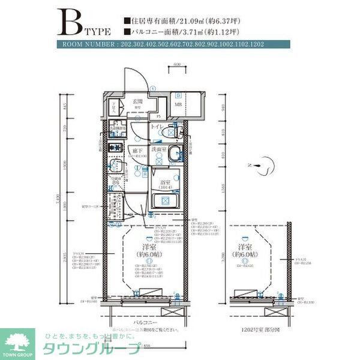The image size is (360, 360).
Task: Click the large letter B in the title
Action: coord(70,23)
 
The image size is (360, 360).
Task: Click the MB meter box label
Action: coord(178,106)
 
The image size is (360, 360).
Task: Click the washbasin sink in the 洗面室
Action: coord(174,153)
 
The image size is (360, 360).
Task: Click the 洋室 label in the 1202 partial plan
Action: coord(244,247)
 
